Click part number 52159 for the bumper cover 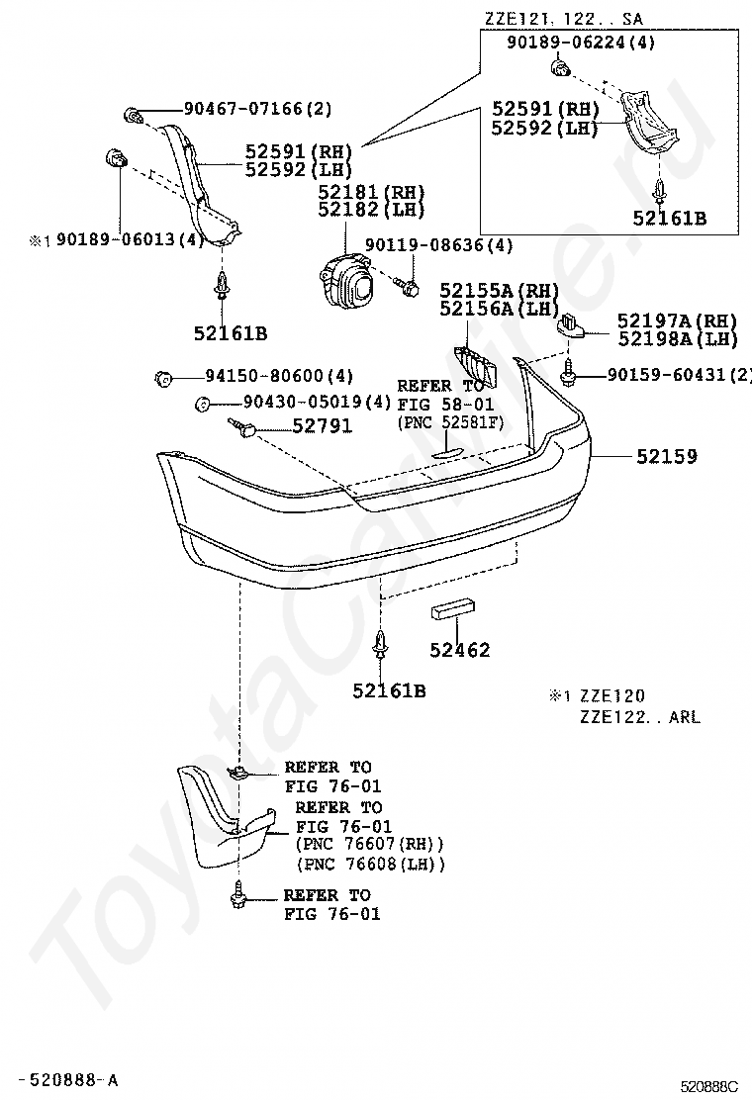(667, 457)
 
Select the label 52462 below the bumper (460, 650)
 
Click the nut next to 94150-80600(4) (164, 377)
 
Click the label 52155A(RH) (500, 290)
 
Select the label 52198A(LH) (678, 339)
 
